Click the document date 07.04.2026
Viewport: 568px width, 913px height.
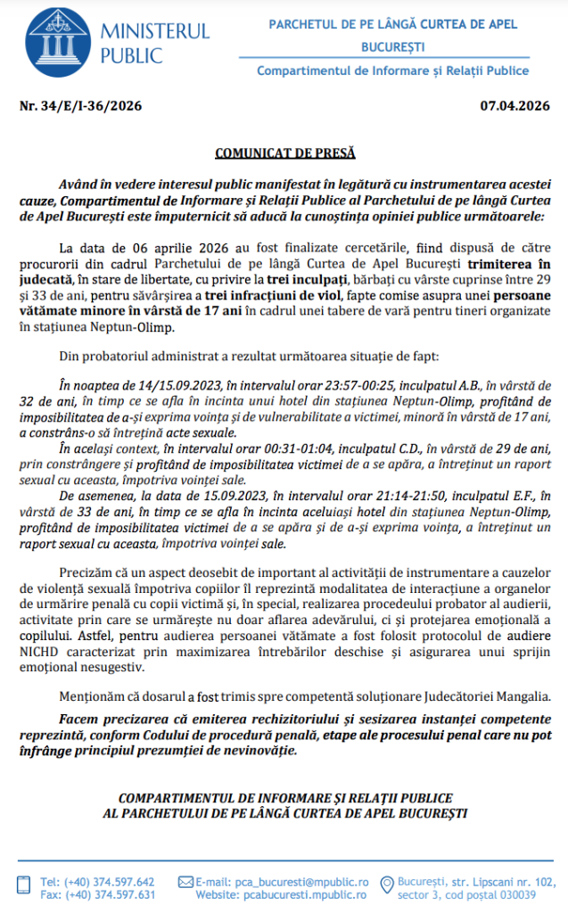[x=514, y=107]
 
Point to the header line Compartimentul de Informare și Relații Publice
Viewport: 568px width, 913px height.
[x=392, y=70]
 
